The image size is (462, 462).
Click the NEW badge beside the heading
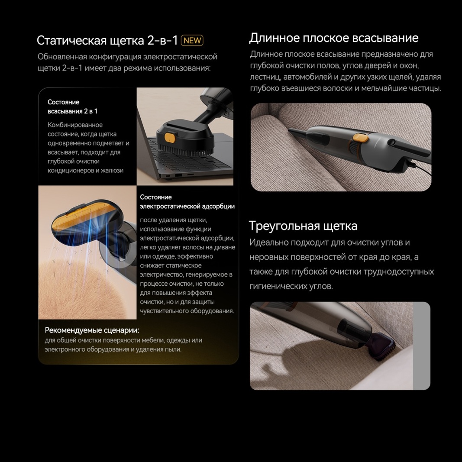pos(192,41)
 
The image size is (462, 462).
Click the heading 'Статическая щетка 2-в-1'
pos(107,41)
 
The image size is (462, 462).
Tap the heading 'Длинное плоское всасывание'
pos(333,38)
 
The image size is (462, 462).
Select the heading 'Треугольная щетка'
pos(303,226)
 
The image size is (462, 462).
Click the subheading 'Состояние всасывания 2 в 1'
pos(72,107)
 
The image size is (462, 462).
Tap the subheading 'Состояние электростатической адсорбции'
pos(187,202)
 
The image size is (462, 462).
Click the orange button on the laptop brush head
pos(170,138)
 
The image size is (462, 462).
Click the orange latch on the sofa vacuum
pos(359,138)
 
